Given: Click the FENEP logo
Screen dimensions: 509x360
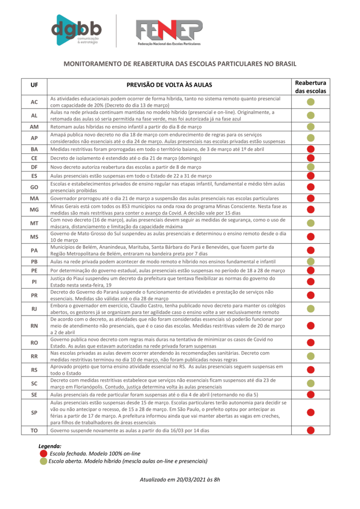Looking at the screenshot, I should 168,32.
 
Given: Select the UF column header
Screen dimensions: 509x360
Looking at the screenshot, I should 34,85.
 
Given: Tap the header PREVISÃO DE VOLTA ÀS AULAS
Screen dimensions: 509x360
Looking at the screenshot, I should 169,85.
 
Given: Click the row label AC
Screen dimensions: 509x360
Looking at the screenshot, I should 34,102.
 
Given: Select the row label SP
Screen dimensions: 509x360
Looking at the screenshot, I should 34,412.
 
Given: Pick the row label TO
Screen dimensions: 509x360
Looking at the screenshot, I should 34,431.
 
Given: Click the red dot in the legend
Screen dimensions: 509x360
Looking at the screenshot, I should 43,454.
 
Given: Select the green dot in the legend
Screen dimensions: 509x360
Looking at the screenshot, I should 43,462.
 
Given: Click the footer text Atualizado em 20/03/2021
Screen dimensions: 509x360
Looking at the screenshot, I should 180,480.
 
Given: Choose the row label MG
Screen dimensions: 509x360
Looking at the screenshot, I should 34,210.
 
